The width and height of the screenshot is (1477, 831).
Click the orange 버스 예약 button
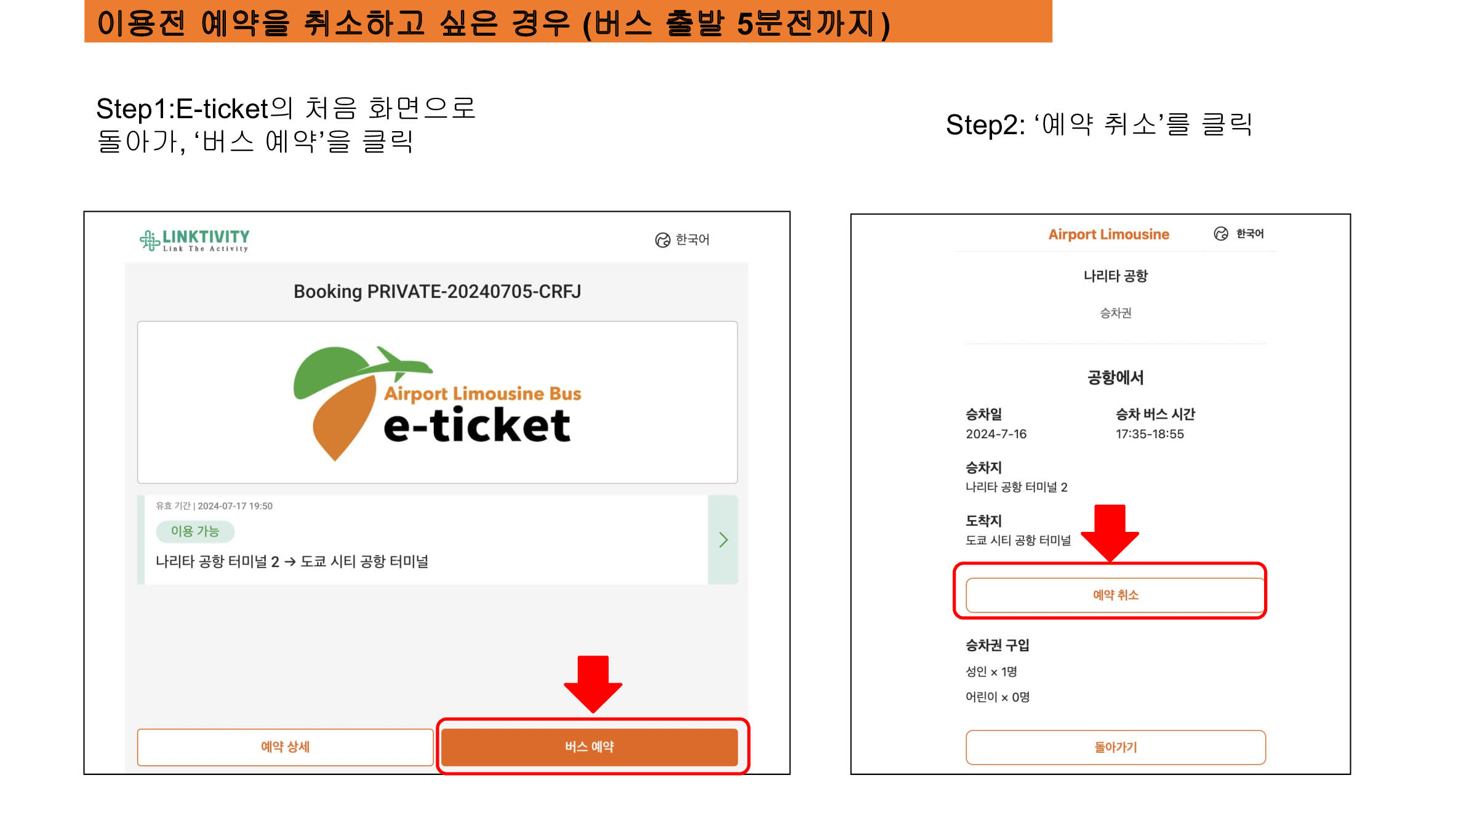pyautogui.click(x=590, y=747)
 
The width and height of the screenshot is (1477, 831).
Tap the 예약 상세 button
pyautogui.click(x=285, y=747)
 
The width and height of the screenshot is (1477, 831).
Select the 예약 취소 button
pyautogui.click(x=1115, y=595)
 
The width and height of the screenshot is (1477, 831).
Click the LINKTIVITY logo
pyautogui.click(x=194, y=240)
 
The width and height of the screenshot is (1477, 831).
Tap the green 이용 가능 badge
pyautogui.click(x=195, y=531)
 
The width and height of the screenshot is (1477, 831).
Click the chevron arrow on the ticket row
pyautogui.click(x=724, y=540)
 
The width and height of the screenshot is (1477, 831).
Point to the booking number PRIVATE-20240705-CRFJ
pyautogui.click(x=474, y=291)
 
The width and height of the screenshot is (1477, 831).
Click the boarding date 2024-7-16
pyautogui.click(x=996, y=434)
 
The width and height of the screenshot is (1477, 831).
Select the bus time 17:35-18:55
pyautogui.click(x=1150, y=434)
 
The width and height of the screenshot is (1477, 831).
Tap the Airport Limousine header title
pyautogui.click(x=1108, y=235)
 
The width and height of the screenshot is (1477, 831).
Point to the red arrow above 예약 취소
pyautogui.click(x=1110, y=533)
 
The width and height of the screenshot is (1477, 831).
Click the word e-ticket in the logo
pyautogui.click(x=477, y=425)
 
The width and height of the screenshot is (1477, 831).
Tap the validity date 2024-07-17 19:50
pyautogui.click(x=235, y=506)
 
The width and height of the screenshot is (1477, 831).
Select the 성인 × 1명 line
pyautogui.click(x=991, y=672)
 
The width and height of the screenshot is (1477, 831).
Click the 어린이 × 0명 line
pyautogui.click(x=997, y=697)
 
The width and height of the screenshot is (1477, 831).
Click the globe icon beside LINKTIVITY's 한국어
pyautogui.click(x=662, y=240)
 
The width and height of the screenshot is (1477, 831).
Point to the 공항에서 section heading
pyautogui.click(x=1115, y=377)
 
